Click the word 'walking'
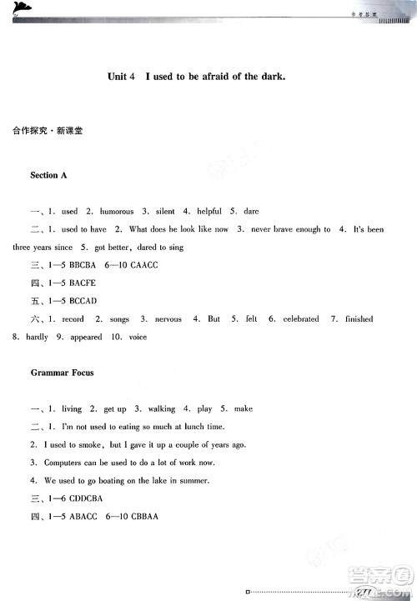(161, 409)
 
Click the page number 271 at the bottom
(364, 592)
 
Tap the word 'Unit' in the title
(119, 76)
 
